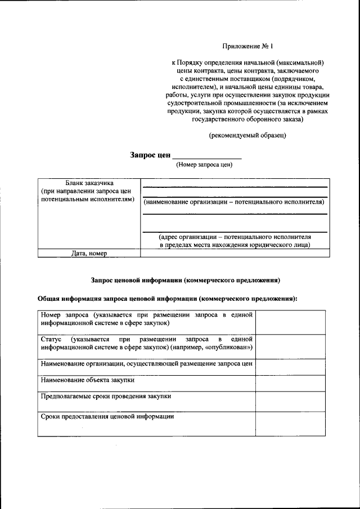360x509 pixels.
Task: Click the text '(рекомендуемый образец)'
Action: pos(247,136)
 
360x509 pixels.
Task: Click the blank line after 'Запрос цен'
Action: pos(206,156)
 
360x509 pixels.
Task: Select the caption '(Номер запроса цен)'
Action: pos(204,165)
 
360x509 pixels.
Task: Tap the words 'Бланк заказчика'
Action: pos(89,183)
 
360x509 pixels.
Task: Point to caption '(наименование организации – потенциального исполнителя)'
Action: pos(234,201)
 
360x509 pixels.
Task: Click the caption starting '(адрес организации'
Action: pos(234,241)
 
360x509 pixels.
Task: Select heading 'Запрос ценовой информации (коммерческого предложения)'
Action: pos(185,280)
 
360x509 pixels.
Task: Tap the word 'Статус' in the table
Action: pos(52,339)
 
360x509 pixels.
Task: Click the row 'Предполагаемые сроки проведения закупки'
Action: pos(106,397)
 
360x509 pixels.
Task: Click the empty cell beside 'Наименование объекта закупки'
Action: pos(290,383)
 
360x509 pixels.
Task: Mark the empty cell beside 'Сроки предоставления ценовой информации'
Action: pos(290,424)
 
